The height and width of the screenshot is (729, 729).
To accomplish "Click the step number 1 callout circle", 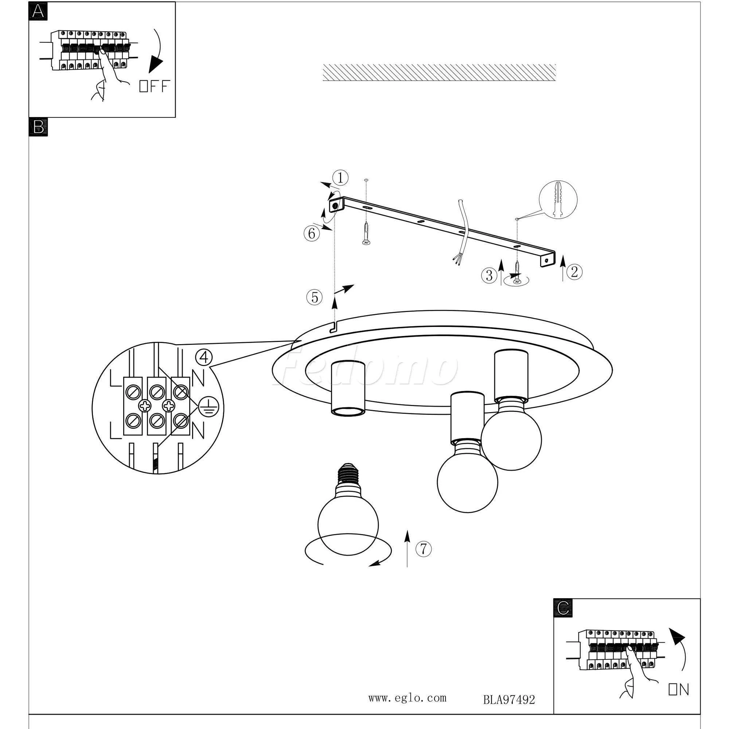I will coord(340,178).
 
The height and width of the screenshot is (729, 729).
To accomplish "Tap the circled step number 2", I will coord(574,271).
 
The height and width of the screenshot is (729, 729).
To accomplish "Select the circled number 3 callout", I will coord(489,276).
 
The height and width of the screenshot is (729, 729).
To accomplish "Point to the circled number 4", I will coord(204,357).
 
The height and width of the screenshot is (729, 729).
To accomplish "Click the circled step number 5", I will coord(314,298).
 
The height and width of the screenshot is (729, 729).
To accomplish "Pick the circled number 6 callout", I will coord(311,234).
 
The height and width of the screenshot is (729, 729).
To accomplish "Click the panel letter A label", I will coord(38,11).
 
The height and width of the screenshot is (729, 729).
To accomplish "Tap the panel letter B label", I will coord(38,127).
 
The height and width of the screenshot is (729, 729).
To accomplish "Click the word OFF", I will coord(154,86).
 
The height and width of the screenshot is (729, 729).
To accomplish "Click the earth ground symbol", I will coord(206,407).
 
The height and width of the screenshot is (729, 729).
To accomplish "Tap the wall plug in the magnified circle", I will coord(558,199).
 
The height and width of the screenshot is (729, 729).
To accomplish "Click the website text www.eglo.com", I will coord(407,698).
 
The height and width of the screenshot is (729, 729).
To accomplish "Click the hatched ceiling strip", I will coord(439,72).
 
